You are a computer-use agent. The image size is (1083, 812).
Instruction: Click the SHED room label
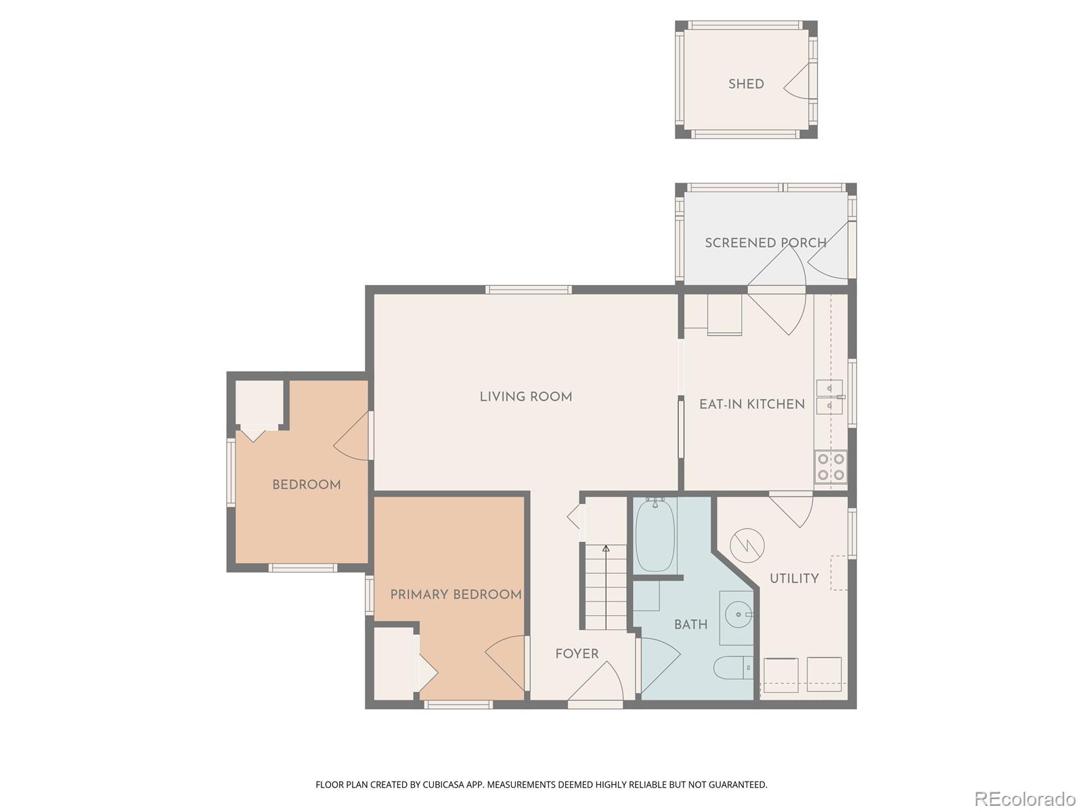pos(746,84)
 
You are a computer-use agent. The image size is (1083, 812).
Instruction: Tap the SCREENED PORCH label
pos(765,242)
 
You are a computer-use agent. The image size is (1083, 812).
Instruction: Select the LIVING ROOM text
pos(526,397)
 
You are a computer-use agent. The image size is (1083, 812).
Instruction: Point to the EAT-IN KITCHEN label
pos(751,404)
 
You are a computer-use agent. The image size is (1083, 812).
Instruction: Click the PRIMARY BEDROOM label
pos(456,594)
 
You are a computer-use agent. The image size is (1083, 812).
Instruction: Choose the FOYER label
pos(577,654)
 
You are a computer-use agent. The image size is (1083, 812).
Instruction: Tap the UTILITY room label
pos(794,578)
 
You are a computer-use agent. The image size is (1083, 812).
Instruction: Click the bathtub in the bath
pos(655,535)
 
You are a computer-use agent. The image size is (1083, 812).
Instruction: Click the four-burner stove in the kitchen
pos(831,466)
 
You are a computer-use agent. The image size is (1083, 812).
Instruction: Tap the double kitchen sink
pos(829,397)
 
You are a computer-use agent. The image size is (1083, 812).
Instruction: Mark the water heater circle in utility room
pos(747,545)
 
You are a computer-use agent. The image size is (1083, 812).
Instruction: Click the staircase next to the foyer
pos(606,586)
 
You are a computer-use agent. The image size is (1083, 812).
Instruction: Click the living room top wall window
pos(528,290)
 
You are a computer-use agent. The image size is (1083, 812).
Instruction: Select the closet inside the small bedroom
pos(259,403)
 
